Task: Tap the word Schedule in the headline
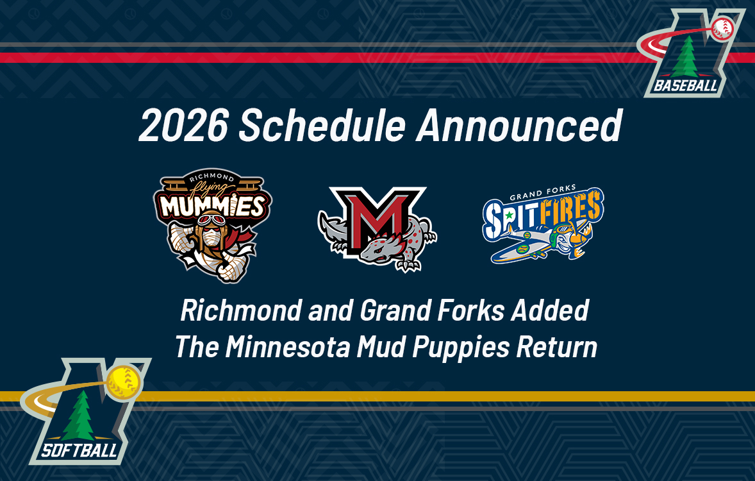pos(322,126)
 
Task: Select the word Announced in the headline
pos(519,126)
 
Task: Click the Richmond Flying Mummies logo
pos(212,224)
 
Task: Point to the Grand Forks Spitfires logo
pos(543,224)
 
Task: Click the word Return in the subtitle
pos(557,347)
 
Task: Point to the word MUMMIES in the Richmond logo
pos(212,205)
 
